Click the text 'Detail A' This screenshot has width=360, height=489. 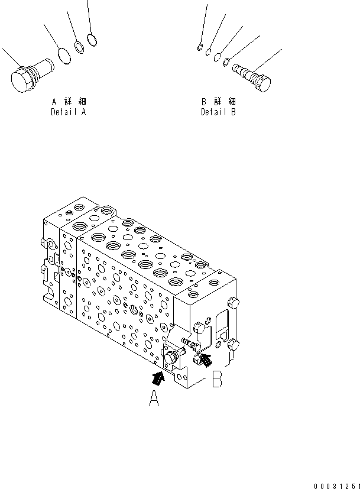[68, 111]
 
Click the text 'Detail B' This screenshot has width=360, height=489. [218, 111]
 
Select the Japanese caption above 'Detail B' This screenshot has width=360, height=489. [219, 101]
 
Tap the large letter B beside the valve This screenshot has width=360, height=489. [217, 379]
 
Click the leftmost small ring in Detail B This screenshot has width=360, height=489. [199, 47]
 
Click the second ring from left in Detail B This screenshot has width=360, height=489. [209, 52]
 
